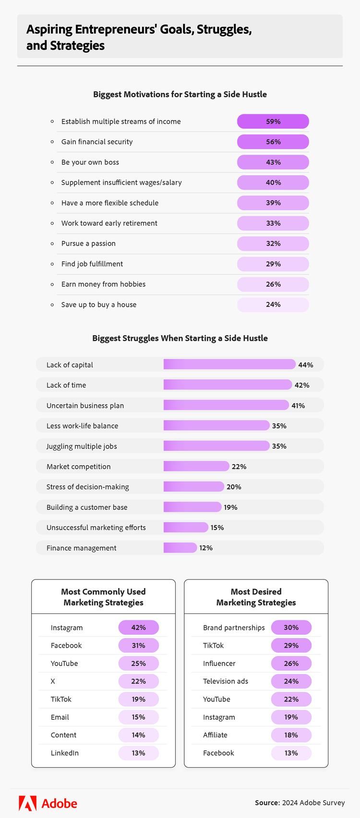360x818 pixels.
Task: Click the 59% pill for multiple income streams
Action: coord(273,121)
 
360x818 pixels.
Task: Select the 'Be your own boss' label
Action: coord(90,162)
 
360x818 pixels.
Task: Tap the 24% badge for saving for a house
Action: coord(273,304)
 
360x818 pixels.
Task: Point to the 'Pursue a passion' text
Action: coord(88,243)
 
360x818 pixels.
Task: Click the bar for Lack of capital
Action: coord(229,364)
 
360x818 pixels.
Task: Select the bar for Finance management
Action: coord(180,548)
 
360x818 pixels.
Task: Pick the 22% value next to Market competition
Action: coord(239,467)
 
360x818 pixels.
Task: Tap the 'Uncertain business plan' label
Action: coord(85,406)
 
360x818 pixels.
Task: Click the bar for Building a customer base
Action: coord(192,507)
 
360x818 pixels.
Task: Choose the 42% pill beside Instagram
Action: coord(138,627)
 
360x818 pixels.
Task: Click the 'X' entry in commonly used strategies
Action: coord(53,681)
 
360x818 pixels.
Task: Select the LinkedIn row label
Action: coord(64,753)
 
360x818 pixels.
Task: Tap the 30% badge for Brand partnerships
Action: coord(291,627)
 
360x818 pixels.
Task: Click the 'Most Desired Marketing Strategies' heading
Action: coord(256,597)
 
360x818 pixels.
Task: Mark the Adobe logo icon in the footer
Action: coord(27,803)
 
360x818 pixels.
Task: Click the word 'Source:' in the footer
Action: coord(267,803)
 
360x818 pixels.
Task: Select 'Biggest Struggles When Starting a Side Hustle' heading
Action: coord(180,338)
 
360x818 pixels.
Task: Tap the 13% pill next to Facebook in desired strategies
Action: coord(291,753)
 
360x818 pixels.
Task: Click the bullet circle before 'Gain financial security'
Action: coord(52,142)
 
